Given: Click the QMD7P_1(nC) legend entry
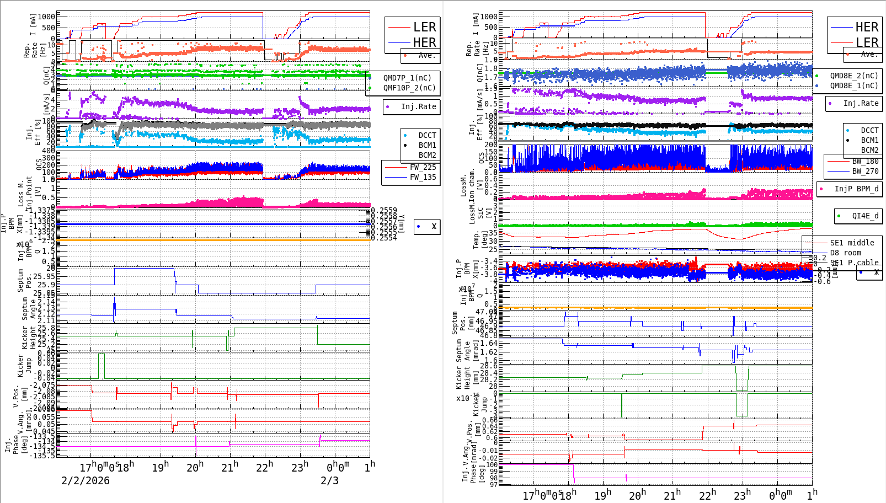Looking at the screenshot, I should (x=407, y=78).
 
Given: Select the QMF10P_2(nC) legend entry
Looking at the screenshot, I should (x=409, y=88).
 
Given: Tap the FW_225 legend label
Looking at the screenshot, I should (x=423, y=167).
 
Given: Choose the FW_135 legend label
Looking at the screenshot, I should (x=423, y=177).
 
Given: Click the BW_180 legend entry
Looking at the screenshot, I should (x=865, y=161).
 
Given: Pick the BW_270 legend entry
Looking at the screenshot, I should (x=865, y=171).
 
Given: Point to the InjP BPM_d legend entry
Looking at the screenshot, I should (x=856, y=189).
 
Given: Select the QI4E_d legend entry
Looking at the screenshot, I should (x=865, y=216).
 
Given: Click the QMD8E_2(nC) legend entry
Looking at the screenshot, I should (x=854, y=76).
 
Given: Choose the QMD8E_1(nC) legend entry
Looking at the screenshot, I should (x=854, y=85).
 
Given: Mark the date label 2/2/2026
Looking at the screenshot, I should (x=86, y=480).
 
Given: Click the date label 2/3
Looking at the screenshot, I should (x=329, y=480).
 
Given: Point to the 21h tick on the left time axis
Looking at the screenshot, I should (x=229, y=467).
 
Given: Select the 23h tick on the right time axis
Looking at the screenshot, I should (x=742, y=495).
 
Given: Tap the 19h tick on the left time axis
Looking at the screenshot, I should (x=160, y=467).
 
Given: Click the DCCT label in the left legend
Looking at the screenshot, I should (x=427, y=135).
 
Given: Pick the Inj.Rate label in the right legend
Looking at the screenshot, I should (x=861, y=103).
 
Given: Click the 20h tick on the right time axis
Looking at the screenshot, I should (x=638, y=495).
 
